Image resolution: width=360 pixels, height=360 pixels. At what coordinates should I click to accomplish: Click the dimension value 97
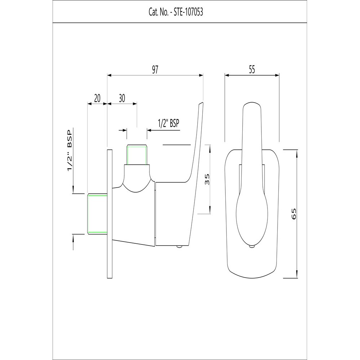pyautogui.click(x=155, y=70)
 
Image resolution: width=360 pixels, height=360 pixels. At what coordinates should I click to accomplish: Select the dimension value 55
pyautogui.click(x=252, y=70)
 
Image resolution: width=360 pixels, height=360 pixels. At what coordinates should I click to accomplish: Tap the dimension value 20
pyautogui.click(x=98, y=98)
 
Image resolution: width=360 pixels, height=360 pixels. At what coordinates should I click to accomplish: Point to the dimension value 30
pyautogui.click(x=122, y=98)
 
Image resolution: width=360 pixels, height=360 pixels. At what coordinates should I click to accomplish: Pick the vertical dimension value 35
pyautogui.click(x=207, y=179)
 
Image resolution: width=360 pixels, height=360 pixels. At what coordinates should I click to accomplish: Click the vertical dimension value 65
pyautogui.click(x=294, y=214)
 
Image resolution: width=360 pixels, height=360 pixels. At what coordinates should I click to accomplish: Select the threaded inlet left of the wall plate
pyautogui.click(x=98, y=214)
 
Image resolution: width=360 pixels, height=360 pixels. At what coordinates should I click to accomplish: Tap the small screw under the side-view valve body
pyautogui.click(x=179, y=247)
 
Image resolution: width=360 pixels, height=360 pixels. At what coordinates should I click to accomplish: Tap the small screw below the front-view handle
pyautogui.click(x=252, y=247)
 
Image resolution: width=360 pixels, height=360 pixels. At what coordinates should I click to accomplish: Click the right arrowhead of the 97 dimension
pyautogui.click(x=202, y=75)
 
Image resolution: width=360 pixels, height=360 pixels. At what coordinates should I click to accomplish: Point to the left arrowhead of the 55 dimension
pyautogui.click(x=227, y=75)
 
